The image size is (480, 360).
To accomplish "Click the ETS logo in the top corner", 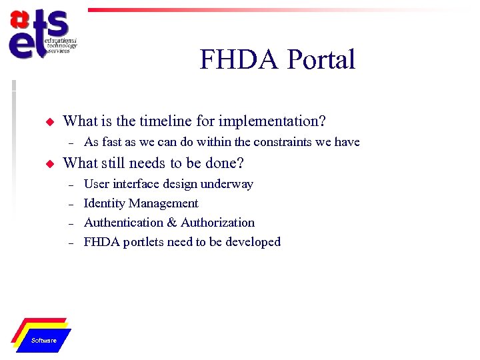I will tap(41, 35).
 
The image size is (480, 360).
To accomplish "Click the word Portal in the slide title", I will tap(321, 60).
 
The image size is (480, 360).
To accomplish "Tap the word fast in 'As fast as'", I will tap(112, 142).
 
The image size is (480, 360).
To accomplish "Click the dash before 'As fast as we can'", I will tap(70, 142).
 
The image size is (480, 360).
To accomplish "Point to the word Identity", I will tap(104, 203).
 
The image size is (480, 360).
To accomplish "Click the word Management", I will tap(163, 203).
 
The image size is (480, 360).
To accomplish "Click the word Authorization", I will tap(217, 223).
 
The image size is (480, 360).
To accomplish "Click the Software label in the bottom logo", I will tap(44, 341).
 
